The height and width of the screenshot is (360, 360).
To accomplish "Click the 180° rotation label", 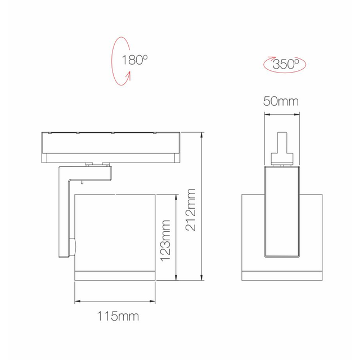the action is coord(134,60).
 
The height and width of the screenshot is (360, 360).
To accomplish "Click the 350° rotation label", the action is coord(286,64).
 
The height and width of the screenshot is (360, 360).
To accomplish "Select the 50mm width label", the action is coord(281,101).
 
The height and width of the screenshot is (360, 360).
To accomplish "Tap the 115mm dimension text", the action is coord(118,316).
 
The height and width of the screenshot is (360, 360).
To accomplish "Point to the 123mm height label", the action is coord(165,241).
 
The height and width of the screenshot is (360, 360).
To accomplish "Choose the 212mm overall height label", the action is coord(191,210).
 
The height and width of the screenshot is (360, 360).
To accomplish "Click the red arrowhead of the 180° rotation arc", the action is coord(129,75).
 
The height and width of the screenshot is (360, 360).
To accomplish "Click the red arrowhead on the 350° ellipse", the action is coord(272,58).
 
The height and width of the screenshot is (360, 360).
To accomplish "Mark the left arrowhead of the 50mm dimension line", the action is coord(267,114).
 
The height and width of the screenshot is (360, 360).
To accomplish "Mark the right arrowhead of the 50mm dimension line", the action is coord(296,114).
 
